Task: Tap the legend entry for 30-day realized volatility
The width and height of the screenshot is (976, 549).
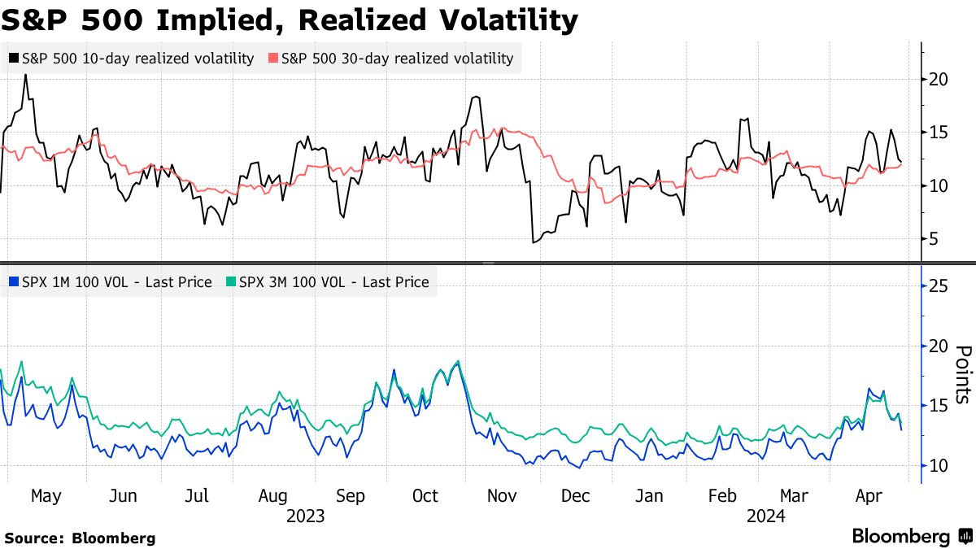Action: (x=391, y=59)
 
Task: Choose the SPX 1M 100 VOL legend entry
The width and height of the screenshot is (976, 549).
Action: (x=110, y=282)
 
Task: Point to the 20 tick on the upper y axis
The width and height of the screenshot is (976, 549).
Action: (x=938, y=79)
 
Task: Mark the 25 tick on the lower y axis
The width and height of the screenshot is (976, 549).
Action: (x=938, y=286)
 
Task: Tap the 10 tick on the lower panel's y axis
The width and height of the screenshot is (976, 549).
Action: (x=938, y=465)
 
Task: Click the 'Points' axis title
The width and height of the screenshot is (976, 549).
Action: (x=962, y=374)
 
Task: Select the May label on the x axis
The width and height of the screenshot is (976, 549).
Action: (x=46, y=496)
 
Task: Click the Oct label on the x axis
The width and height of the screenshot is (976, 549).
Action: (x=425, y=496)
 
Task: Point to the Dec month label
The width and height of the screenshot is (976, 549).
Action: (x=576, y=496)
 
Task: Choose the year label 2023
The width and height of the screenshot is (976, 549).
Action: (x=306, y=516)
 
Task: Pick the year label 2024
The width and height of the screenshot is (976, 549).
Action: (x=765, y=516)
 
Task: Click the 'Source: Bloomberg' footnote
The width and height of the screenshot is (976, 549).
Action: (x=80, y=538)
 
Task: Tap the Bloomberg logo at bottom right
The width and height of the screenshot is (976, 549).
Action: (x=911, y=537)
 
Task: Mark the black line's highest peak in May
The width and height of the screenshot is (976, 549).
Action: (x=26, y=75)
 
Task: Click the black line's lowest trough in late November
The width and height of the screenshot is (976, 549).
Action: (x=534, y=242)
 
